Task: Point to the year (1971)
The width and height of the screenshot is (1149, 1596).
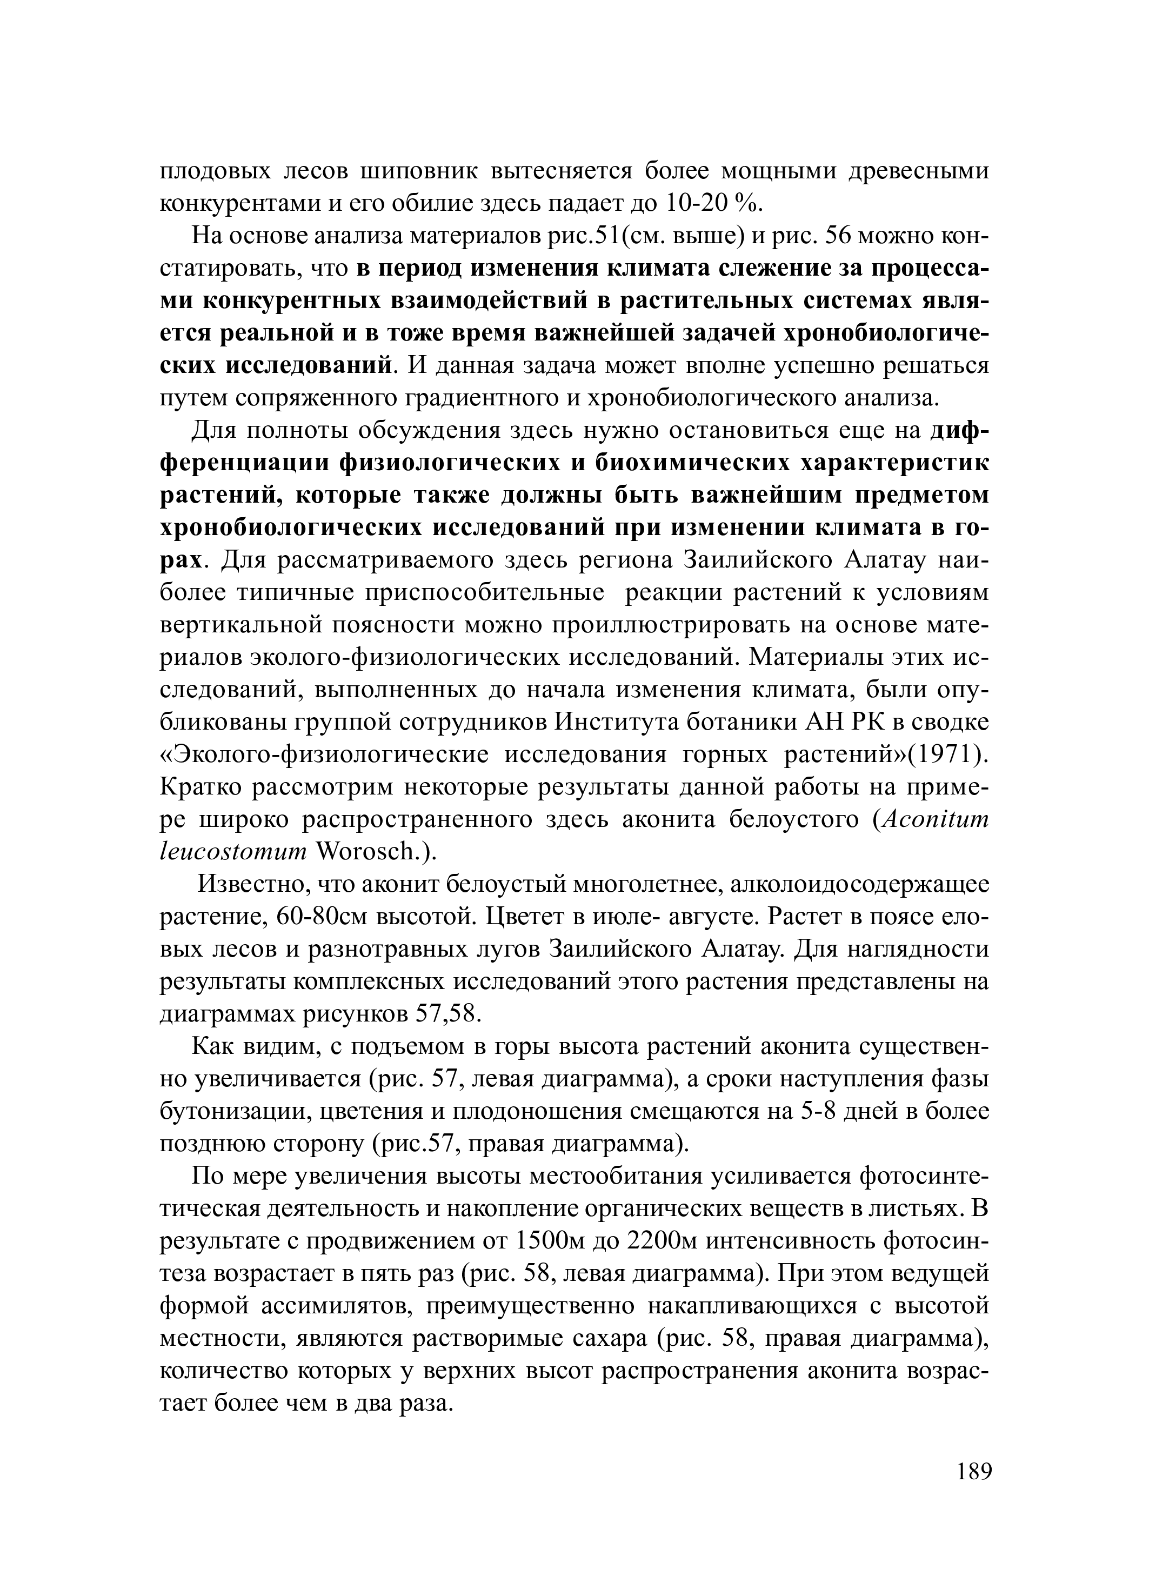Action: [950, 755]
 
